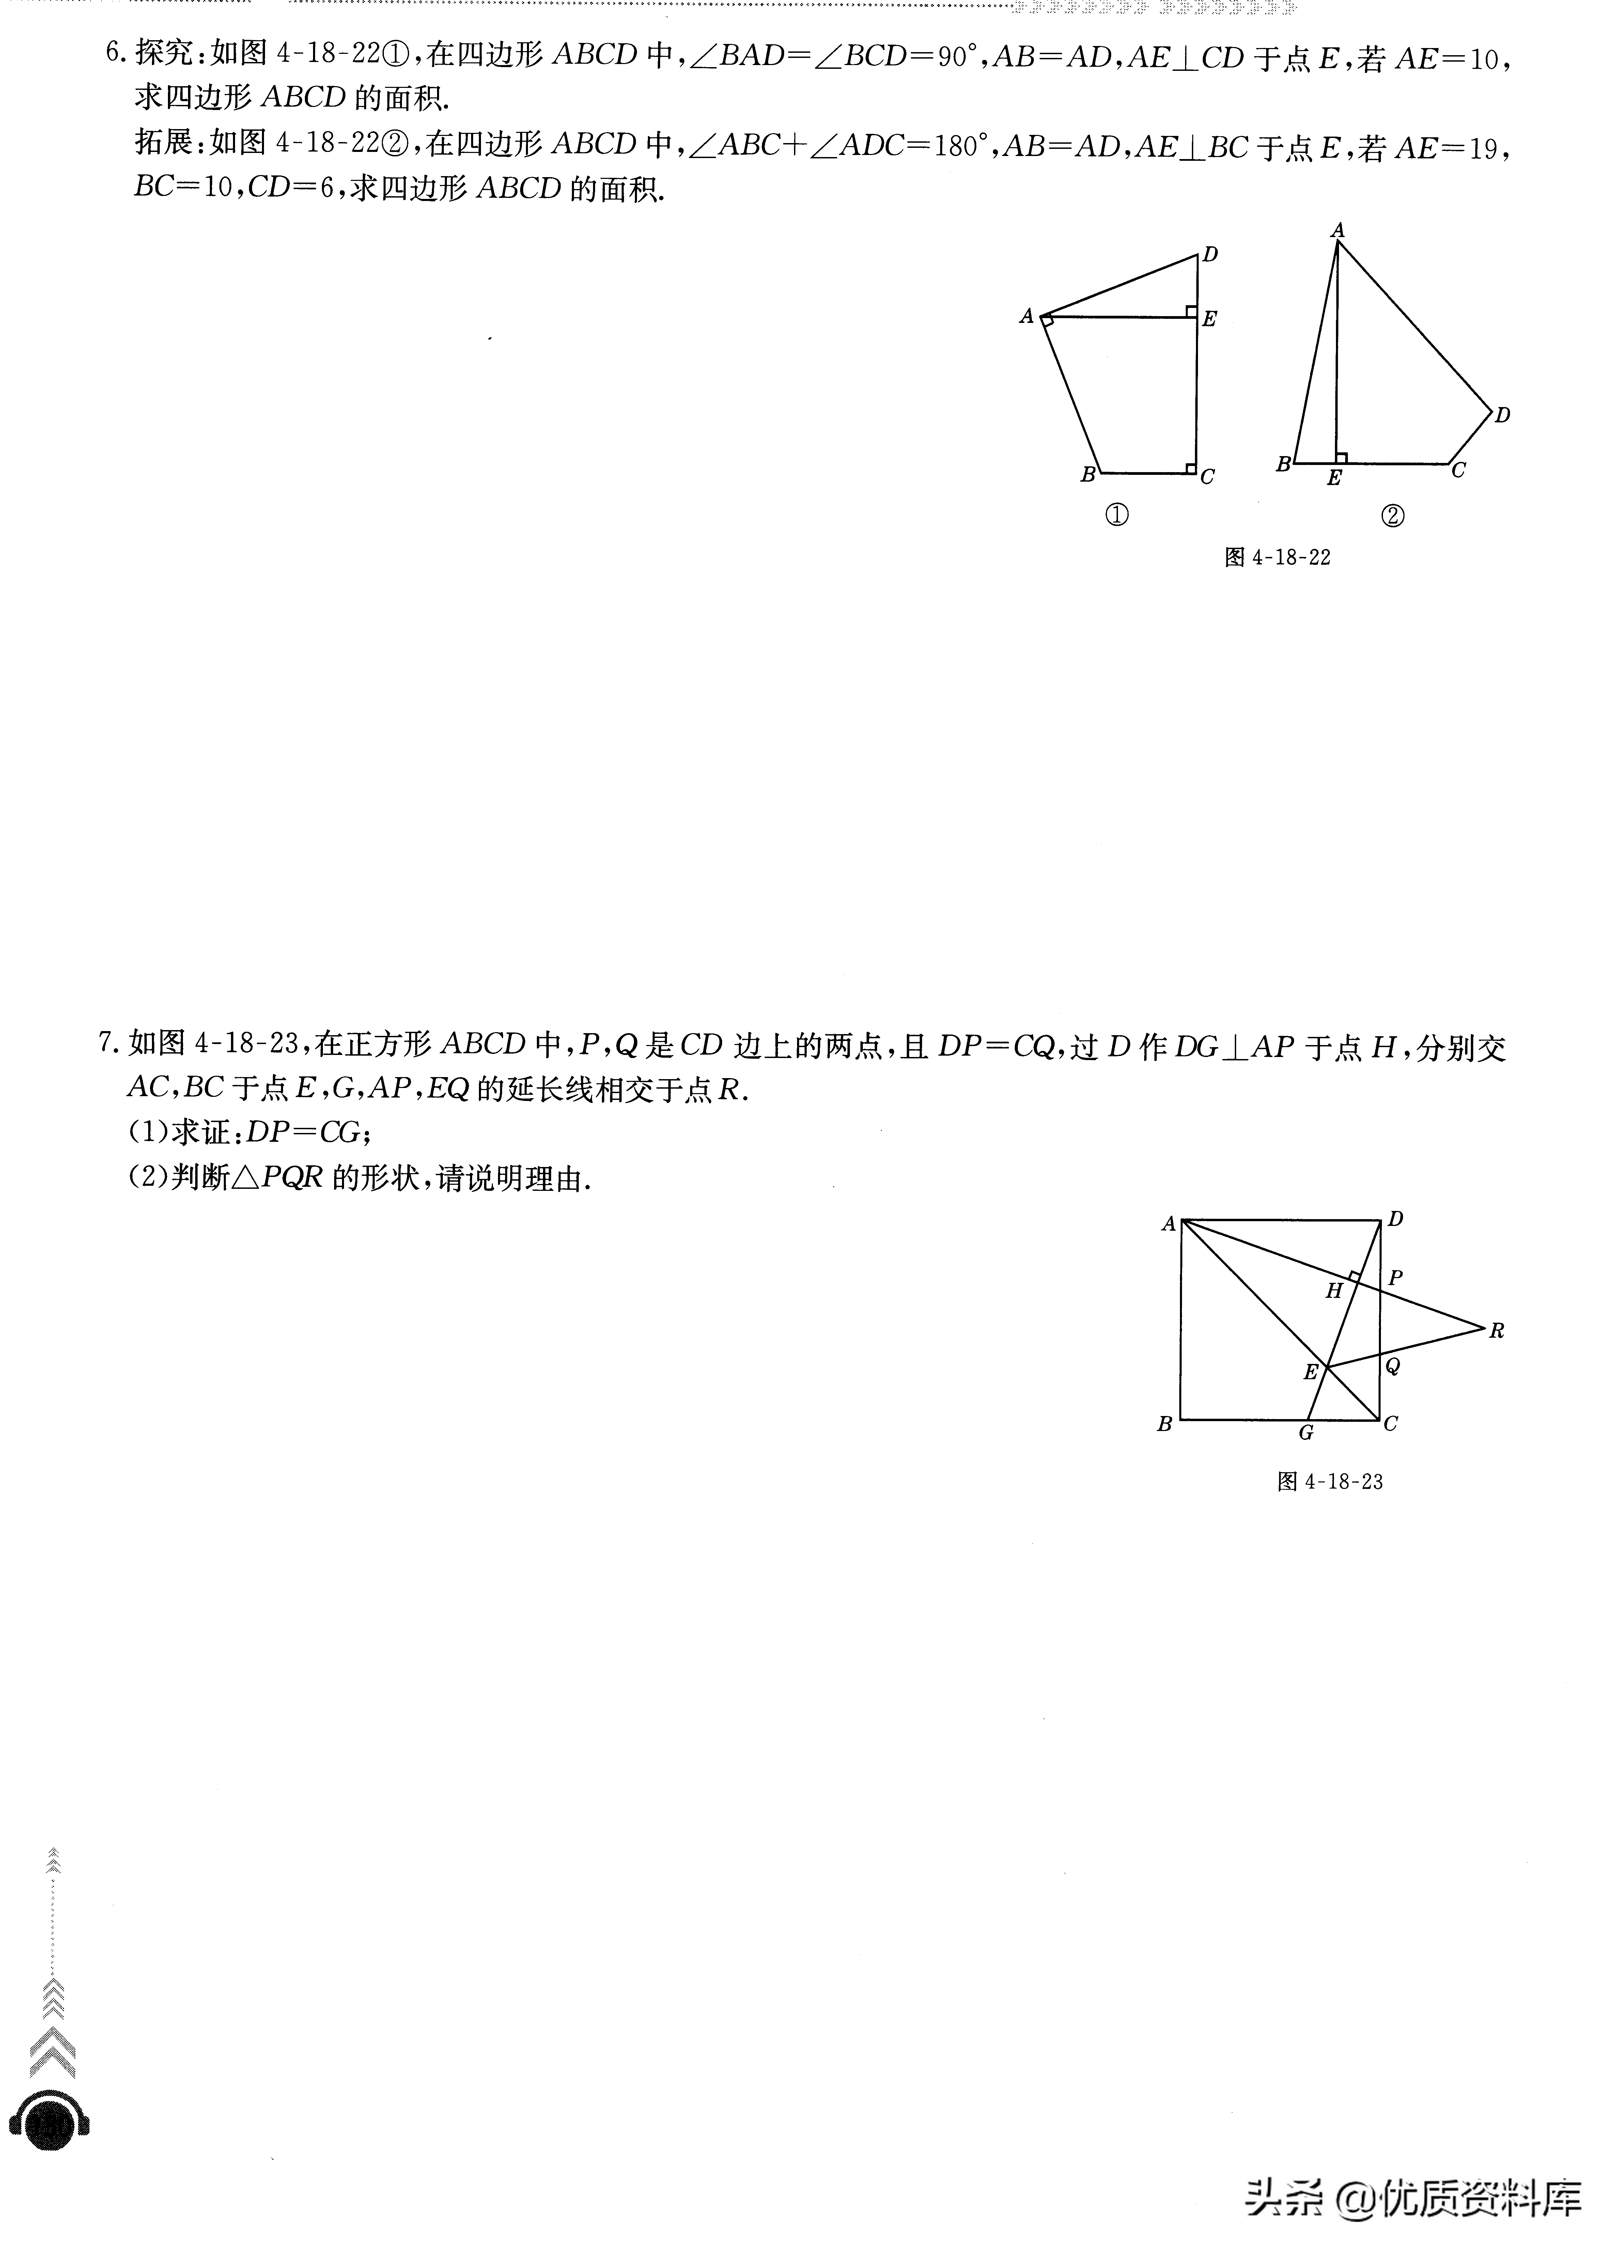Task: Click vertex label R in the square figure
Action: [1497, 1330]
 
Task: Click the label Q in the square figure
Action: [1393, 1366]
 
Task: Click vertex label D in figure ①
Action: [1210, 254]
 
